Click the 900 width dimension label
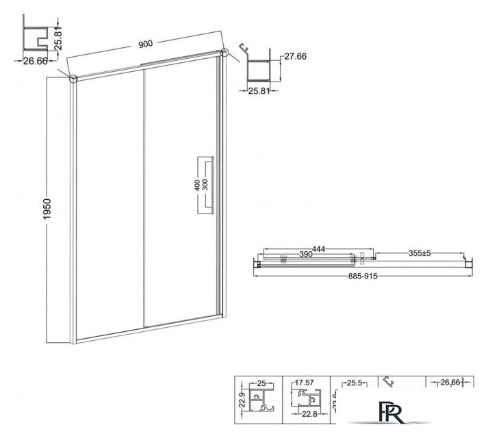[x=144, y=44]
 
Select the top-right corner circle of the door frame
[x=224, y=52]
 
